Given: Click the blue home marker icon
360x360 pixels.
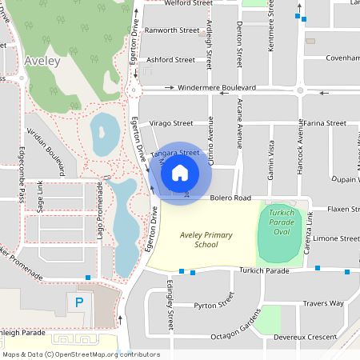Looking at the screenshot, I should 180,172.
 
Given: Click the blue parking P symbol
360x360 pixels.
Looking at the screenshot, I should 79,302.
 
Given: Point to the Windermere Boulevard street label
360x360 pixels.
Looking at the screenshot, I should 217,87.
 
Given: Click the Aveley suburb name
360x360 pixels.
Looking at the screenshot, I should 42,60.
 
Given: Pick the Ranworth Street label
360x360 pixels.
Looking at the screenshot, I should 171,30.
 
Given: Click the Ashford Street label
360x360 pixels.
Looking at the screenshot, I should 170,59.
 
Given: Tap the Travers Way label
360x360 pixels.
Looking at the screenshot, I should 323,303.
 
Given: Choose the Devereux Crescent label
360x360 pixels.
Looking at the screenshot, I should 317,338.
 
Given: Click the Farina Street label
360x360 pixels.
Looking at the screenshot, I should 325,123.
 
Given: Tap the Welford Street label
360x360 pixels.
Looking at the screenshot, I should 188,3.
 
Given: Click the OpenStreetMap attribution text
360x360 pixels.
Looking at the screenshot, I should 82,354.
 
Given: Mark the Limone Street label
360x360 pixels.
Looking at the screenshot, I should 336,238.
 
